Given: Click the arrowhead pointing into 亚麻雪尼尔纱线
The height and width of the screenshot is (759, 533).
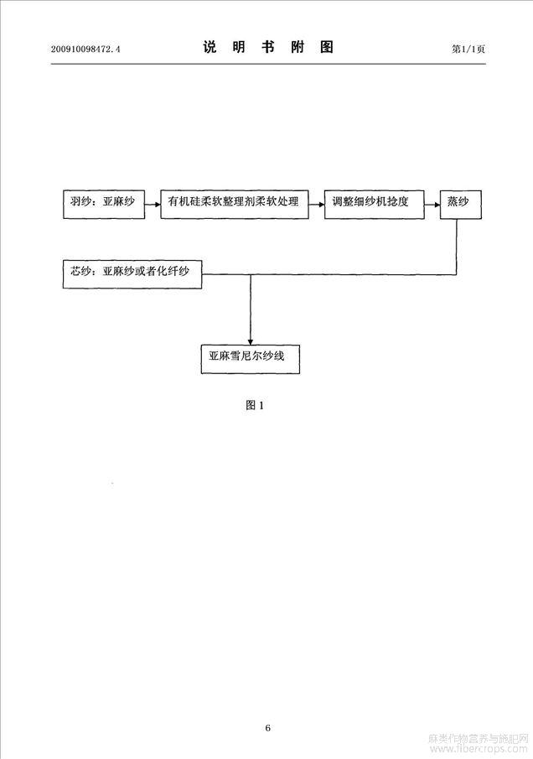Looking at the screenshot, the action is click(x=251, y=341).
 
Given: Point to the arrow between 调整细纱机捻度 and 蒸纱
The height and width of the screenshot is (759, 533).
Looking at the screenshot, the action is click(x=432, y=205).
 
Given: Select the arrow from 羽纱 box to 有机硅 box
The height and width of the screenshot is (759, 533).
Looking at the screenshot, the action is click(x=153, y=205).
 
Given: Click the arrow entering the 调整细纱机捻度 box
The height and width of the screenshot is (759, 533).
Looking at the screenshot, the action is click(x=316, y=205).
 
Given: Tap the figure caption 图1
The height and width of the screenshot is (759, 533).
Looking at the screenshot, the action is click(x=255, y=405).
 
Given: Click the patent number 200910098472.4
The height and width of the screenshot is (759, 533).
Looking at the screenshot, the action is click(x=85, y=49).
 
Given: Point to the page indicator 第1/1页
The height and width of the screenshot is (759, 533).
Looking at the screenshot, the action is click(x=468, y=49).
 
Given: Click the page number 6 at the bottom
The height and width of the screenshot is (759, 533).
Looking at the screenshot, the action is click(x=268, y=727).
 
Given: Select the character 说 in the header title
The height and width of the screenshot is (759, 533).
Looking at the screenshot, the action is click(x=210, y=47).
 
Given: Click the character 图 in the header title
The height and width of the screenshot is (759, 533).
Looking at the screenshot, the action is click(x=327, y=47).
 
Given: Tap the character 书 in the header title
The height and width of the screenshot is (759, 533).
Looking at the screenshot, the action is click(x=268, y=47).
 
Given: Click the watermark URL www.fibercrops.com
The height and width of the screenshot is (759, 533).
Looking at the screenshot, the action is click(x=479, y=749).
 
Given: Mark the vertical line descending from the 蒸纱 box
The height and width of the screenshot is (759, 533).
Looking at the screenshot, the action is click(x=457, y=247).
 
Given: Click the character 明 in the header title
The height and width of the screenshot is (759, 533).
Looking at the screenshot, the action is click(x=239, y=47).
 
